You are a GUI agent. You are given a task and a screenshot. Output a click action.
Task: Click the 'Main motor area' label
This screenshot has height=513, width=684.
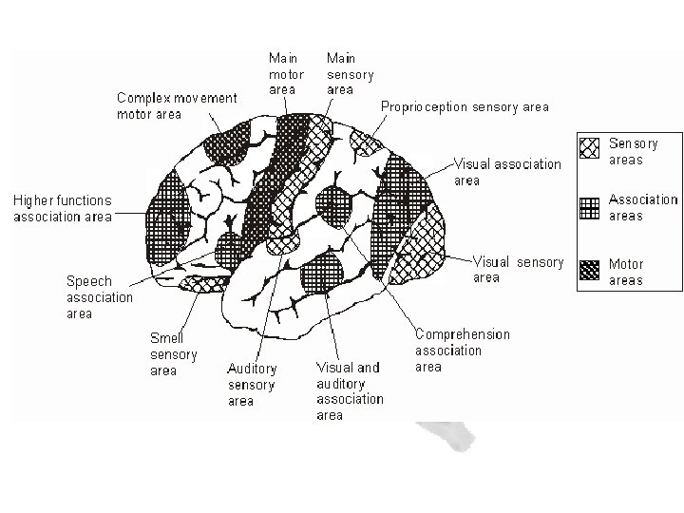coord(286,74)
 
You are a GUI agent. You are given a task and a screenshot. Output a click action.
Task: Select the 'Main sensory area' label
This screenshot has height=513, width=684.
coord(350,74)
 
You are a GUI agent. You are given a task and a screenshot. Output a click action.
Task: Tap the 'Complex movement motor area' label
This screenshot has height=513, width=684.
coord(177,105)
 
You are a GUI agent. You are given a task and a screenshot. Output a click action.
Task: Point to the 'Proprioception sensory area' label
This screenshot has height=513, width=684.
coord(465,107)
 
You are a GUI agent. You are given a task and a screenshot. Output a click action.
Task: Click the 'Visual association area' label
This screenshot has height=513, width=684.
coord(507,172)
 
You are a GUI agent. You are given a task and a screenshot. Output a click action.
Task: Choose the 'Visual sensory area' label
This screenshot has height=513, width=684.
coord(518,270)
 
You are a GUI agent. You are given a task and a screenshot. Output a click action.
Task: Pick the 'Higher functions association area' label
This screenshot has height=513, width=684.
coord(62,208)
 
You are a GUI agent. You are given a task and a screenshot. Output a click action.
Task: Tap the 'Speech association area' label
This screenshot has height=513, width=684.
coord(99,297)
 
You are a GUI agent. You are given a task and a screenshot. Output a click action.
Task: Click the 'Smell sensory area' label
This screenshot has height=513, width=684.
coord(173,353)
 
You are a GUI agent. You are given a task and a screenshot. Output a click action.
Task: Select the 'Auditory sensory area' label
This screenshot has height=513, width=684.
coord(252,385)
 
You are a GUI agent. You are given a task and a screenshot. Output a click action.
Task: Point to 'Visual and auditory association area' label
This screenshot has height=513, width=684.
coord(349,390)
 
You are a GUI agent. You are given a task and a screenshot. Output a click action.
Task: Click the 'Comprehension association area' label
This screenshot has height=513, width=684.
coord(462,351)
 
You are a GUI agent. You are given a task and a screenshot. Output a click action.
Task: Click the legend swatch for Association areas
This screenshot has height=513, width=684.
coord(590,208)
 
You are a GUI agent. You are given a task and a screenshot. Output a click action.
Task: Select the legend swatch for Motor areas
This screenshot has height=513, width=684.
coord(590,271)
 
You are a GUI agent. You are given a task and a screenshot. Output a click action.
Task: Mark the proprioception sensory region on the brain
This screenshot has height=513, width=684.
coord(364,143)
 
